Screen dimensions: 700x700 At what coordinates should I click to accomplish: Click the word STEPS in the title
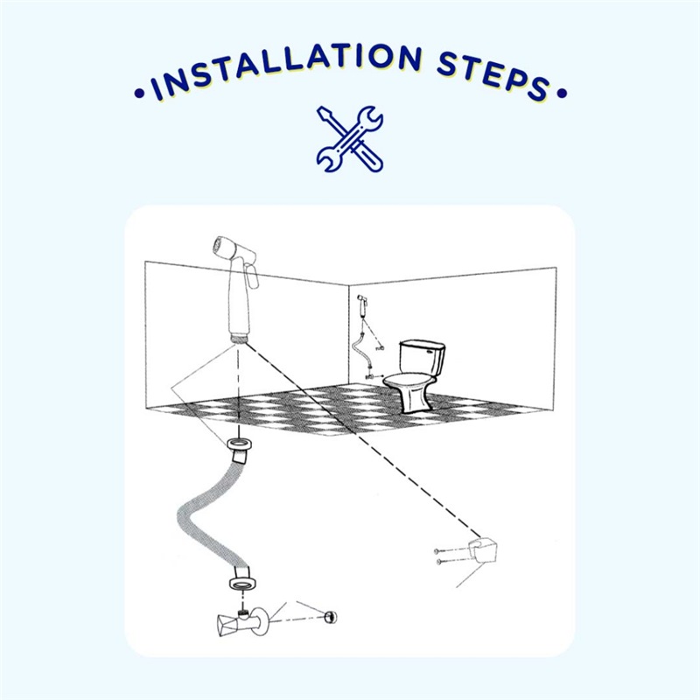click(493, 77)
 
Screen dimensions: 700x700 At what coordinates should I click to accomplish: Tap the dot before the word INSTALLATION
click(139, 94)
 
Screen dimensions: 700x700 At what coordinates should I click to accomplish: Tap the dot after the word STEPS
click(562, 94)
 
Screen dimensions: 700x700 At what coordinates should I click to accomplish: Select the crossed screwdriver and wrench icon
click(349, 139)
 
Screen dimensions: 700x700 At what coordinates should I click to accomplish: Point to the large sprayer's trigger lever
click(252, 276)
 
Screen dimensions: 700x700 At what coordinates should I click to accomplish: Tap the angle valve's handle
click(225, 625)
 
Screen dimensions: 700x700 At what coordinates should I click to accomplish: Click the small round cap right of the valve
click(331, 617)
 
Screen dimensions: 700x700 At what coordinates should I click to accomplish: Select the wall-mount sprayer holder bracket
click(483, 550)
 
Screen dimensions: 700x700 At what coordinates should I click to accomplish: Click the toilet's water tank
click(422, 359)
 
